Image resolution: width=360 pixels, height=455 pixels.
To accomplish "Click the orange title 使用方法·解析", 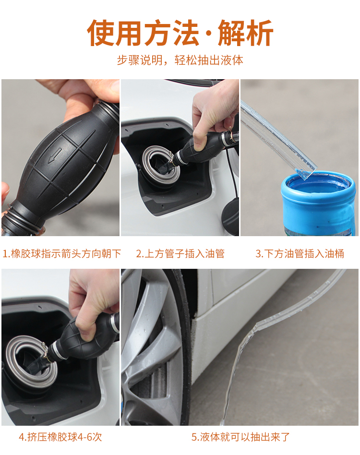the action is point(180,33).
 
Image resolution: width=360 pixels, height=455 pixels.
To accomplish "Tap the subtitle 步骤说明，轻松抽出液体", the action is point(180,60).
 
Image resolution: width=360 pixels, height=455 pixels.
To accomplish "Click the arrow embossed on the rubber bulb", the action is point(55,155).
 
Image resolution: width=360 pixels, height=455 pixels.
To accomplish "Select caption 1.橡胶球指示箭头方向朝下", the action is point(61,253).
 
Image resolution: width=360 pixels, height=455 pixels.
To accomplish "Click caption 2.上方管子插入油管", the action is point(180,253).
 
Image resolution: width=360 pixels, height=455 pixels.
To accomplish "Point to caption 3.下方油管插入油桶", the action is point(300,253).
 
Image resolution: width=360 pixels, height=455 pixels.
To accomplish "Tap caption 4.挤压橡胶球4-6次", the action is point(60,437).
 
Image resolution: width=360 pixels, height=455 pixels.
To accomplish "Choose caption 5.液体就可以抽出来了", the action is point(240,437).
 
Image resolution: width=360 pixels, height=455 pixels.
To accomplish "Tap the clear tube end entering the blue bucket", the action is point(306,172).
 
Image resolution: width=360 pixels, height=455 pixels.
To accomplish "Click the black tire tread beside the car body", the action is point(186,345).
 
